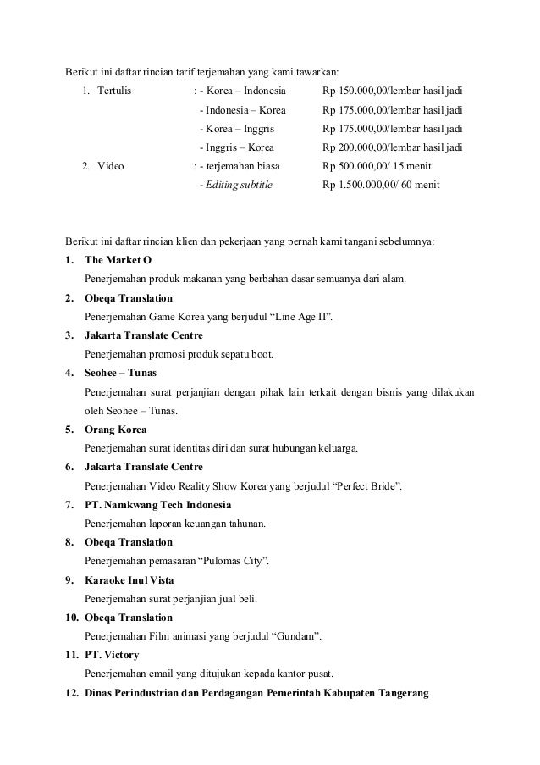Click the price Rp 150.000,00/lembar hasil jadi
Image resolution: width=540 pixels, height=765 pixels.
pos(393,91)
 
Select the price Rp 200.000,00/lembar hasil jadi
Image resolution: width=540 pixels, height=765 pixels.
pos(393,147)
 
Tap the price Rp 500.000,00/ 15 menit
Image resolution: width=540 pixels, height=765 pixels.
pos(377,166)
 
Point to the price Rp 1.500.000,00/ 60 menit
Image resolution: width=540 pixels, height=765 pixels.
pos(381,185)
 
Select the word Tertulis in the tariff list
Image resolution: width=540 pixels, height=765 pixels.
pos(114,91)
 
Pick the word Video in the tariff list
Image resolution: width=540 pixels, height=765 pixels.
pos(111,166)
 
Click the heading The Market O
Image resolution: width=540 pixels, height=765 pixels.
pos(120,259)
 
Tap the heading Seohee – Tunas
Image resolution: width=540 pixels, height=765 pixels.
pos(120,373)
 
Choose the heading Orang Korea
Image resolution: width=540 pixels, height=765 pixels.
pos(116,430)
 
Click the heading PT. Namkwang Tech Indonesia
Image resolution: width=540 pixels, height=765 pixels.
pos(157,505)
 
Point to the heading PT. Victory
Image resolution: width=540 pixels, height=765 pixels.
pos(113,656)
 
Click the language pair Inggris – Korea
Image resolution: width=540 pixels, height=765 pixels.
pos(231,147)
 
